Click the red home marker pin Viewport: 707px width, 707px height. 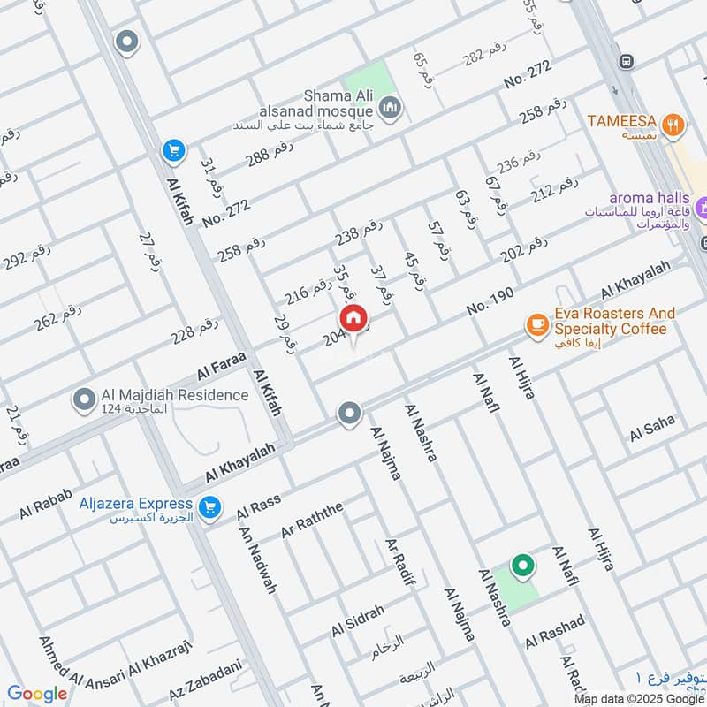coord(353,319)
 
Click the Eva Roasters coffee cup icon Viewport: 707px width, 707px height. coord(536,325)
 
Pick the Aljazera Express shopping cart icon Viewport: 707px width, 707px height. coord(209,507)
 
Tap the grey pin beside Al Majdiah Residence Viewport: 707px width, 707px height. coord(85,400)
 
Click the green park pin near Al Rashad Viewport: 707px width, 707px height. coord(522,565)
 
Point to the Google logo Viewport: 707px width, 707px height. coord(37,694)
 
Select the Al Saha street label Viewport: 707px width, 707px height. coord(652,430)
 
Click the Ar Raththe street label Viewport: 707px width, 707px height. coord(311,520)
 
